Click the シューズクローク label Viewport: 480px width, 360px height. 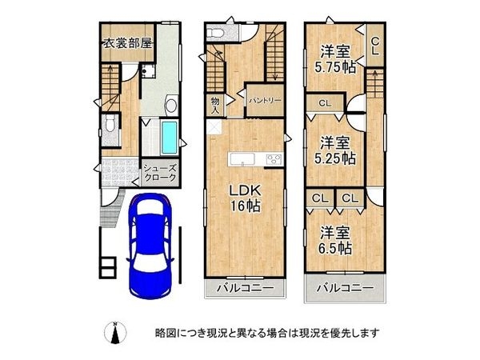(160, 174)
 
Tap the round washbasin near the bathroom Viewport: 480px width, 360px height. (170, 106)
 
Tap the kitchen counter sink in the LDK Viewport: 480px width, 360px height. (242, 158)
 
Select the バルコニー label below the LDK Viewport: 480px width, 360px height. (245, 288)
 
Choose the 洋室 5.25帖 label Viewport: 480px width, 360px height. (335, 150)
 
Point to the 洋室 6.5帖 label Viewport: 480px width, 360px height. (335, 239)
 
